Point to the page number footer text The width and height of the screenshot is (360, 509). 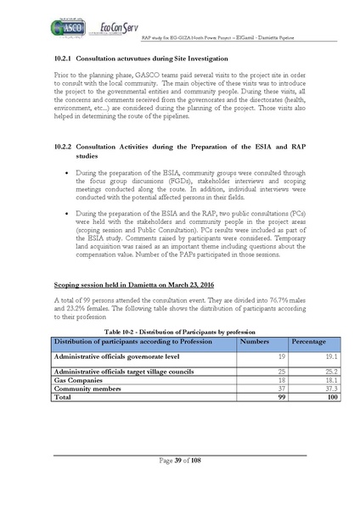[179, 460]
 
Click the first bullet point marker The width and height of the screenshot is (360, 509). [66, 172]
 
